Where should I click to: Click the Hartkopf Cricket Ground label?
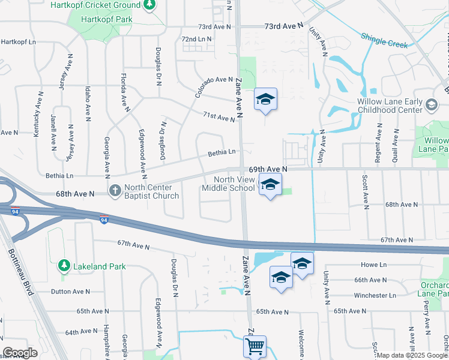pos(105,5)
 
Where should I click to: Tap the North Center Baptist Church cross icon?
pos(115,190)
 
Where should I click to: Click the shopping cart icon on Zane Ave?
pos(255,346)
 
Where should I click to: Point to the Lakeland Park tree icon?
pos(64,265)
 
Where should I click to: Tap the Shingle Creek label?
pos(384,41)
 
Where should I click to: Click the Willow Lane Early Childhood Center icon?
pos(430,105)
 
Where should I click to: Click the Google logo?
pos(20,353)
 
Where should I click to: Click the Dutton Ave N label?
pos(70,292)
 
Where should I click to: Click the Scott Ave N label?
pos(364,191)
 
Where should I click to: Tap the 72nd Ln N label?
pos(197,39)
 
